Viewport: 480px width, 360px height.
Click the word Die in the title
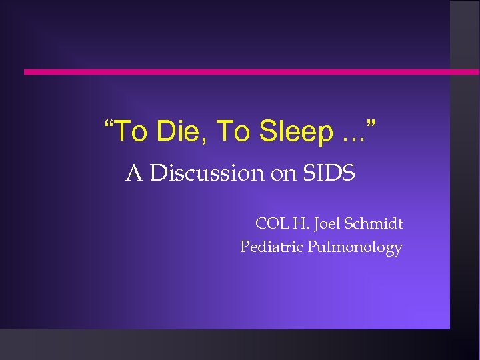click(177, 132)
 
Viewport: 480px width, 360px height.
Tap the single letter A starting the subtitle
click(133, 174)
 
